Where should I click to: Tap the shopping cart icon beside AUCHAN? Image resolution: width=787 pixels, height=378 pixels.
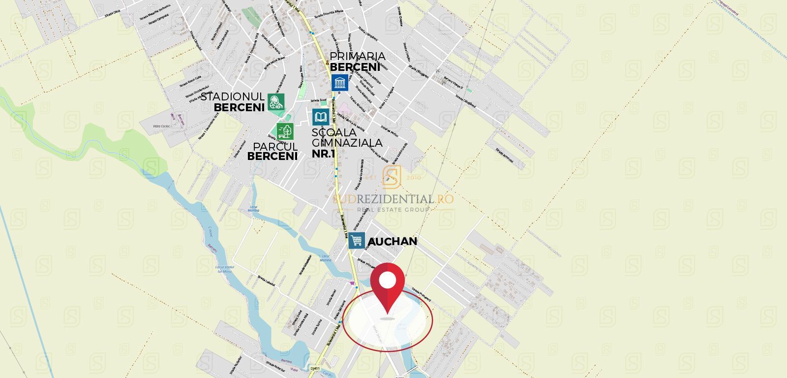click(x=357, y=241)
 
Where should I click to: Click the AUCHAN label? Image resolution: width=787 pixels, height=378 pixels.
click(x=393, y=241)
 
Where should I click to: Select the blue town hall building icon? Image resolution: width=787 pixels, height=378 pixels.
click(x=339, y=83)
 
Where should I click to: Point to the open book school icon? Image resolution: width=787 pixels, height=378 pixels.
click(x=321, y=117)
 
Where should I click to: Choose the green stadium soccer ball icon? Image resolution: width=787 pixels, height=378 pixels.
click(x=276, y=102)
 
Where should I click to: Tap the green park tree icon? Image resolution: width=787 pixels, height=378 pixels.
click(x=285, y=131)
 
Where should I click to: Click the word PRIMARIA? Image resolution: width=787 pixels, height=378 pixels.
click(x=358, y=56)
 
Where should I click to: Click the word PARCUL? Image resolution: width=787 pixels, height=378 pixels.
click(x=275, y=147)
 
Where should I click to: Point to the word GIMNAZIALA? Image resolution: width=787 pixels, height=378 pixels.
click(x=347, y=143)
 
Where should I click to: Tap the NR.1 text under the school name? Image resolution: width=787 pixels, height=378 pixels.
click(x=323, y=154)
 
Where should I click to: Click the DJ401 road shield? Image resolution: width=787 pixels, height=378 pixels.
click(x=315, y=368)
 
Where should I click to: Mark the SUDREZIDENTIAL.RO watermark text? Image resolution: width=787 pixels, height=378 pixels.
click(x=393, y=199)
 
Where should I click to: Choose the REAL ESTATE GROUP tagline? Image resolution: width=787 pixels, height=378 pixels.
click(x=393, y=210)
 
